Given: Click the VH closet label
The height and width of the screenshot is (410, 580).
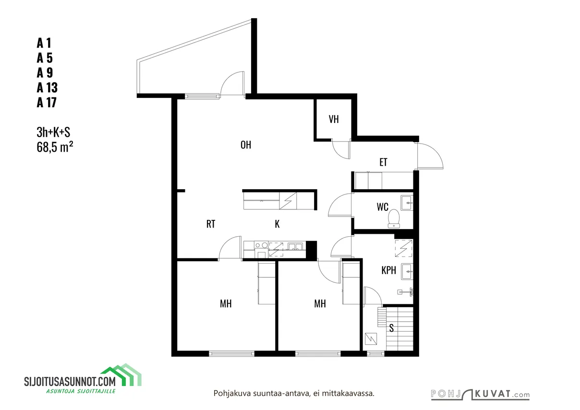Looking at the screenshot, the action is click(334, 120).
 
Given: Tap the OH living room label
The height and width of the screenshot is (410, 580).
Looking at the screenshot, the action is click(246, 145).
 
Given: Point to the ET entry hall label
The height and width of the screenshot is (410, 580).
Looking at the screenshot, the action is click(383, 162).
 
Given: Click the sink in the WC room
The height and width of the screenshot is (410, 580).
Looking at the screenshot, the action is click(407, 203).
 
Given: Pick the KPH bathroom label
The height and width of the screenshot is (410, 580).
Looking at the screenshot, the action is click(388, 270).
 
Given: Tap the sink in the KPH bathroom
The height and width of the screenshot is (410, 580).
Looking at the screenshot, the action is click(407, 272).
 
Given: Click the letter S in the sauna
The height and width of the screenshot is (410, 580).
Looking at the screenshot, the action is click(391, 328).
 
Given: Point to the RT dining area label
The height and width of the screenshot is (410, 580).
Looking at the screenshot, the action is click(211, 224).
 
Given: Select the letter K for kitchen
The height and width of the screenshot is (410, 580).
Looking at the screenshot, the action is click(277, 224).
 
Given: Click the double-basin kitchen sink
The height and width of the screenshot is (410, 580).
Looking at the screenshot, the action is click(295, 246).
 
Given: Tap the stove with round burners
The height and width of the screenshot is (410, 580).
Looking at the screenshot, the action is click(261, 245).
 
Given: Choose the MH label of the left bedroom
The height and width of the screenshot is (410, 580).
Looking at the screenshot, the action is click(226, 303).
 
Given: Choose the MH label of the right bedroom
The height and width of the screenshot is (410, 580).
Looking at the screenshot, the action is click(320, 303).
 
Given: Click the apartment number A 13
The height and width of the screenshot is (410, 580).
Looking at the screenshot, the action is click(47, 87).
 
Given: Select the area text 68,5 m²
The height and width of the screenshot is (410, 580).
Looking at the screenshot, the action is click(55, 147).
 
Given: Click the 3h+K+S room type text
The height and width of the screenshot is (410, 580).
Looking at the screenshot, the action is click(53, 133).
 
